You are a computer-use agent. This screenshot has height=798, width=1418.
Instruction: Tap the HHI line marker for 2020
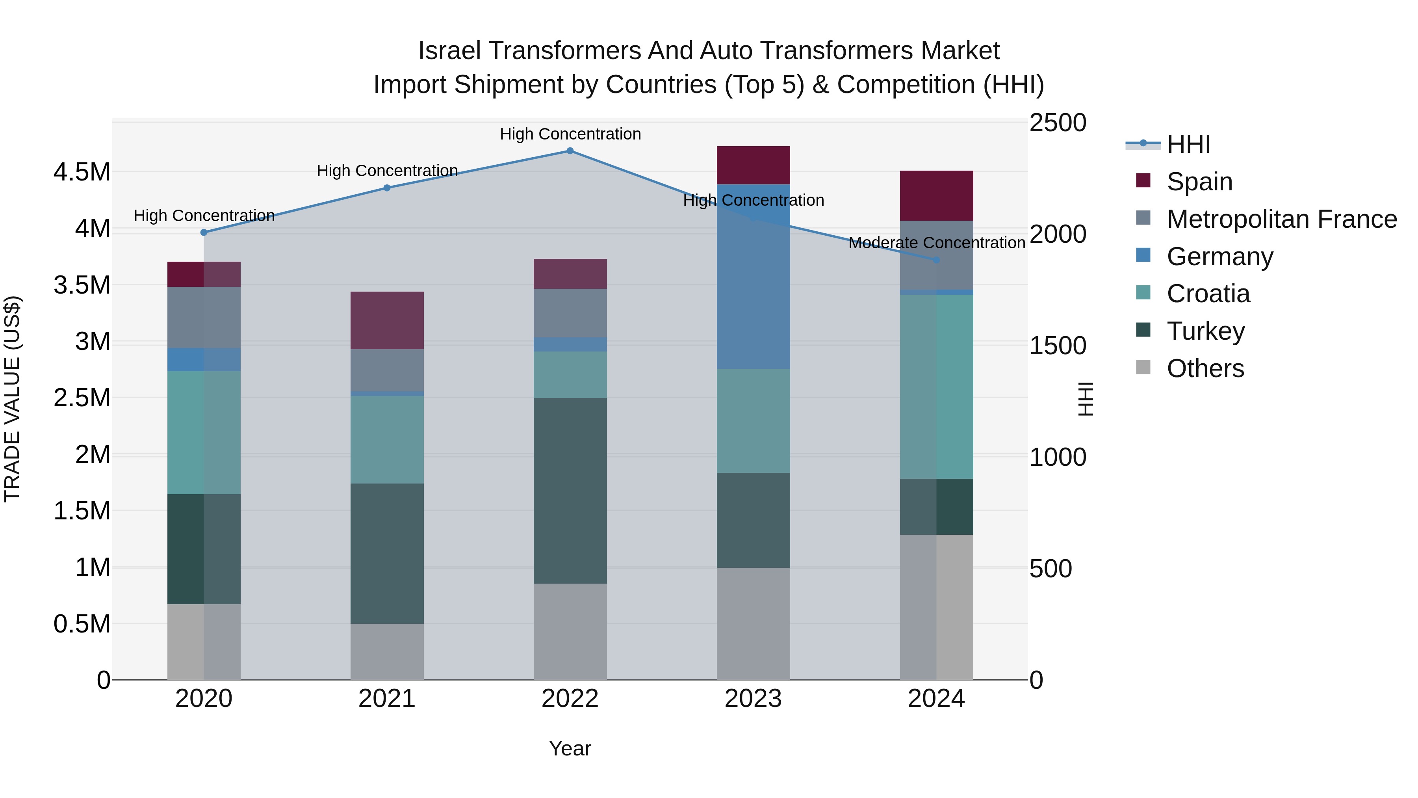click(x=204, y=233)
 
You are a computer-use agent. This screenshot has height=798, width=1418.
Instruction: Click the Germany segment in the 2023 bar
click(x=753, y=286)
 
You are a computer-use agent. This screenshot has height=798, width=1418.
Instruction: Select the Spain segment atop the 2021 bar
click(x=387, y=320)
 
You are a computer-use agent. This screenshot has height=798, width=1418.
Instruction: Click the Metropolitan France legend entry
click(x=1281, y=219)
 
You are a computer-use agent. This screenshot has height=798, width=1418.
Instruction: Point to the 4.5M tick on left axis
click(x=82, y=172)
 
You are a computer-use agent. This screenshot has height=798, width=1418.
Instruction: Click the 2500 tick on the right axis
click(x=1058, y=123)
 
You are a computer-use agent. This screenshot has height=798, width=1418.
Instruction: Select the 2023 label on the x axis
click(x=753, y=699)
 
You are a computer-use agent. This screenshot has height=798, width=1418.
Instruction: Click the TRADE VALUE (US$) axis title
click(x=12, y=399)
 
